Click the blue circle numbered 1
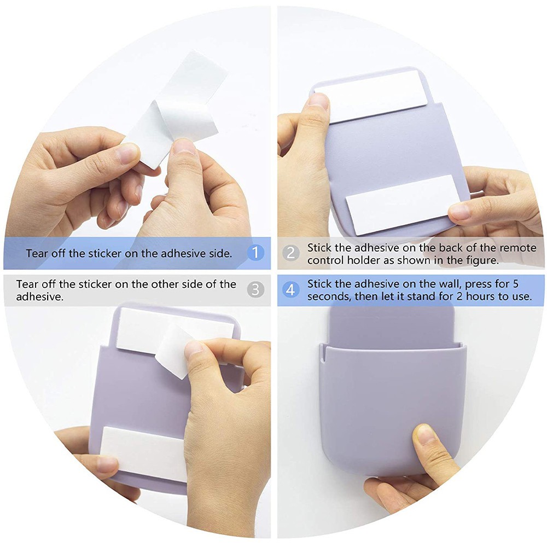[x=255, y=253]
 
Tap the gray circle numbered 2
[x=290, y=253]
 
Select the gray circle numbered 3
[x=255, y=289]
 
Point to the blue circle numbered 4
[x=290, y=289]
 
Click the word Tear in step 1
[x=37, y=253]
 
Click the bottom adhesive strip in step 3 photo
[x=143, y=453]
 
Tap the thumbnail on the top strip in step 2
[x=318, y=101]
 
